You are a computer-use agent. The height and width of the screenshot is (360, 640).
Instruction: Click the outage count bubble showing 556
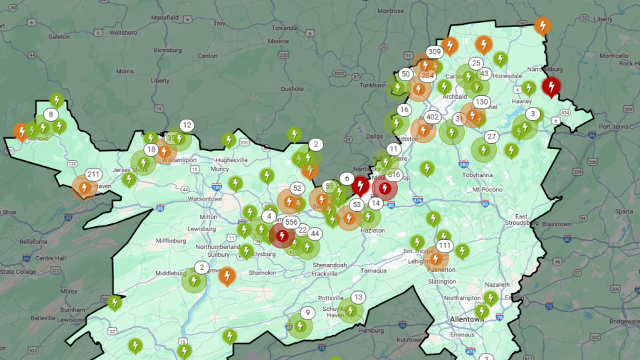click(x=290, y=222)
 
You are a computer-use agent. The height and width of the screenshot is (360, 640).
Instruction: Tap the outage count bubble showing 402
click(x=432, y=117)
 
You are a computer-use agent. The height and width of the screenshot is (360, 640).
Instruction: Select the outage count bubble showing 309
click(x=434, y=52)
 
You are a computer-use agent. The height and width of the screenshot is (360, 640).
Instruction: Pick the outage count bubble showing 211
click(x=93, y=174)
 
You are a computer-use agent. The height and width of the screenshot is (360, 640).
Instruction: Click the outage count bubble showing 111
click(x=445, y=246)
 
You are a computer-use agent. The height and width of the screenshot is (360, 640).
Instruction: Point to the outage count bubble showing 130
click(x=482, y=102)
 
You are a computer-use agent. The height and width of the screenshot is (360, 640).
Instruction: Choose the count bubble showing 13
click(x=358, y=297)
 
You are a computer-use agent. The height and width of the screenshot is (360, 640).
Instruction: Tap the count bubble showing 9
click(x=308, y=312)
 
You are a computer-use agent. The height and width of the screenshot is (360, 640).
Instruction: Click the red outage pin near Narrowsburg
click(x=550, y=87)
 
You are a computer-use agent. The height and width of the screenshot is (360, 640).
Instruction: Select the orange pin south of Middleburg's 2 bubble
click(x=227, y=275)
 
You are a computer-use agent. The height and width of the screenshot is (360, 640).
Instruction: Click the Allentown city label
click(x=467, y=319)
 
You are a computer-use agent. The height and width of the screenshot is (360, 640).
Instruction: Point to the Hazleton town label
click(x=372, y=231)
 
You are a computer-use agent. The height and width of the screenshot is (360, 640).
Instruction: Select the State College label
click(x=17, y=271)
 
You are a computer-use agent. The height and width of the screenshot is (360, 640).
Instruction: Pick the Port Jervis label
click(x=616, y=127)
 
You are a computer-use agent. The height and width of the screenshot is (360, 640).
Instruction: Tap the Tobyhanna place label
click(x=488, y=174)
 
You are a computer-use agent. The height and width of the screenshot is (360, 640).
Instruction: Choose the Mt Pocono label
click(x=487, y=190)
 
